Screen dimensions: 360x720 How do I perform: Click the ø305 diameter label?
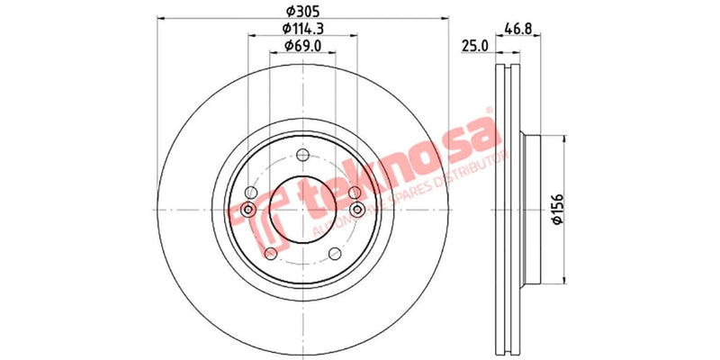click(x=302, y=12)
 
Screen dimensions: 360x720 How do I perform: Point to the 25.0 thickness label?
click(x=474, y=44)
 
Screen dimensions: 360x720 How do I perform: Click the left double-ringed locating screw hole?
click(x=246, y=211)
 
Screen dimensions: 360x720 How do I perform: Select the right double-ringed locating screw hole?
click(x=359, y=211)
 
